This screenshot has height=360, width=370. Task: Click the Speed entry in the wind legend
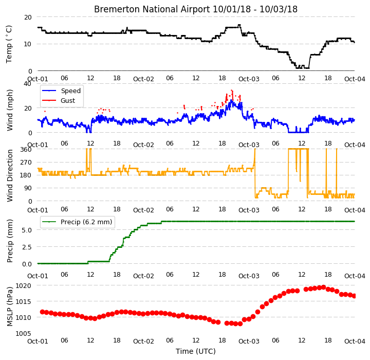click(71, 91)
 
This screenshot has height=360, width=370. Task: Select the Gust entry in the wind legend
click(68, 101)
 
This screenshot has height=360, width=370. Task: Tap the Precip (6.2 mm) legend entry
click(86, 222)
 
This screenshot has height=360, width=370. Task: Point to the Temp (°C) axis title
click(9, 44)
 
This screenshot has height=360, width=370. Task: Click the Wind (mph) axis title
click(10, 110)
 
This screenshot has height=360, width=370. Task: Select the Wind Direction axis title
click(10, 175)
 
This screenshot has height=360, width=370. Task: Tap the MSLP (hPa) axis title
click(10, 307)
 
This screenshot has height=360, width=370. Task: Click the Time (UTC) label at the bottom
click(196, 351)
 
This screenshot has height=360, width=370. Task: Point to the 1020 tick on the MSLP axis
click(23, 286)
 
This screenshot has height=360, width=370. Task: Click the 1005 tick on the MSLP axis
click(23, 334)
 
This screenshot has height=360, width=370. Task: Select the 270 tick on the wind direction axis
click(26, 163)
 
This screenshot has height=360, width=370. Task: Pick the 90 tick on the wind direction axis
click(28, 188)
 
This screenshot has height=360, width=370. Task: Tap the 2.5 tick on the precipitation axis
click(27, 247)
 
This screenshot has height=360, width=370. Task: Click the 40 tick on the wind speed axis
click(28, 84)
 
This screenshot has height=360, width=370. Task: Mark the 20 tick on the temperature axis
click(28, 17)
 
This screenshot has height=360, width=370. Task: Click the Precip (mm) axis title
click(10, 241)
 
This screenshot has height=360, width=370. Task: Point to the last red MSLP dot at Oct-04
click(354, 296)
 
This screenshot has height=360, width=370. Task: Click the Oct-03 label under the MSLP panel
click(249, 341)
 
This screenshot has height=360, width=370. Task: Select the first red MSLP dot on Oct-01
click(42, 312)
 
